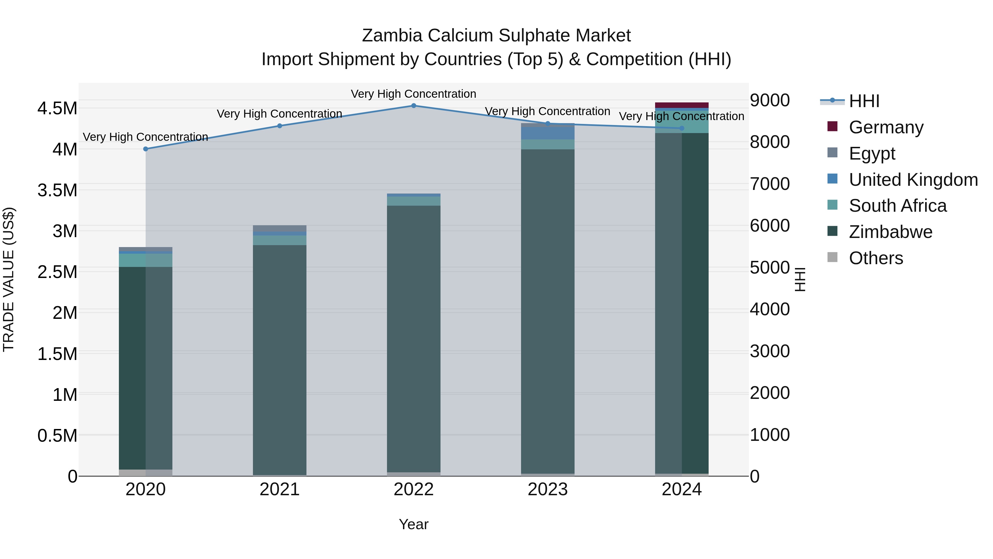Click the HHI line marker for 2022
414,105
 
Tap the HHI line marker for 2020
146,149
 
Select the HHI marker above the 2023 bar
548,123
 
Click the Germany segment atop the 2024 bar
682,105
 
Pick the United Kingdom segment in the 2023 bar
548,133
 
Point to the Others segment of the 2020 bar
146,473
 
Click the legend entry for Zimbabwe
890,232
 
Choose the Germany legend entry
886,127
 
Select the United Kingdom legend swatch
832,179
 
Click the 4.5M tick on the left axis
57,108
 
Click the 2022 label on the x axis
414,489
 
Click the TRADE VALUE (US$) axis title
9,279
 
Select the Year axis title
414,524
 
